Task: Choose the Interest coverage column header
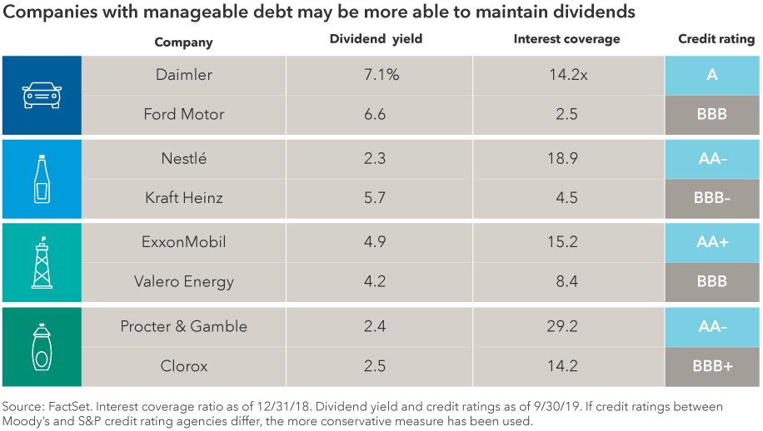[566, 40]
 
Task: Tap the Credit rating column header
[716, 40]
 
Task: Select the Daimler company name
[184, 76]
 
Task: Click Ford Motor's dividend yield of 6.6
[376, 115]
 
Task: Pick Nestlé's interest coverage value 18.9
[566, 158]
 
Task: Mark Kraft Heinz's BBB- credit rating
[711, 200]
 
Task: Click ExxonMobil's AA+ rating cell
[711, 243]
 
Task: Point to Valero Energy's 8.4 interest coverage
[566, 282]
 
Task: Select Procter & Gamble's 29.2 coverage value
[566, 327]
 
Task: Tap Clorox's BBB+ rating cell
[711, 367]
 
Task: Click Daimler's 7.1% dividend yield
[376, 76]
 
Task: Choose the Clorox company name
[184, 367]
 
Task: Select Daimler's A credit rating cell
[711, 76]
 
